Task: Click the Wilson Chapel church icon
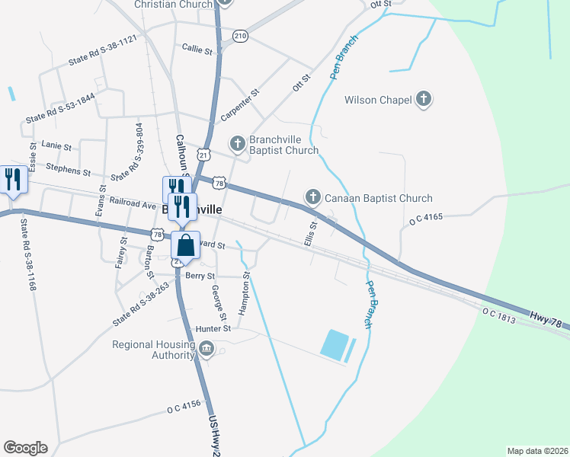424,100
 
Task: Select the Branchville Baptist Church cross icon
238,143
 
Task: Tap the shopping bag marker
185,246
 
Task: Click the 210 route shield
241,37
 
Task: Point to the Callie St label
197,49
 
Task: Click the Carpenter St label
240,105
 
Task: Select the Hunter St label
213,328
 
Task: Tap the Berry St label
200,276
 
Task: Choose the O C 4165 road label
425,219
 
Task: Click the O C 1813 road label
499,315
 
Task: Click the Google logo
25,448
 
